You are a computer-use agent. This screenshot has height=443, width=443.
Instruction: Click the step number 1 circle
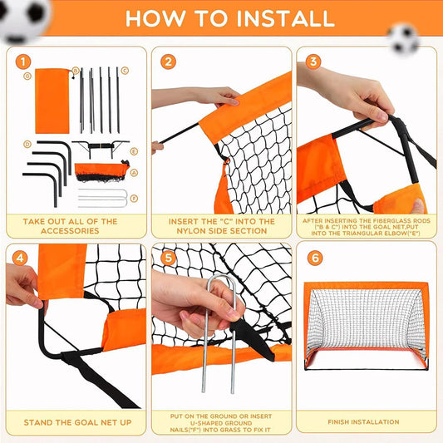click(x=23, y=62)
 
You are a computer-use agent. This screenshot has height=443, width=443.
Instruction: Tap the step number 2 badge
click(x=169, y=62)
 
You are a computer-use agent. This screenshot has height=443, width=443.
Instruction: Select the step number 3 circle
click(x=313, y=62)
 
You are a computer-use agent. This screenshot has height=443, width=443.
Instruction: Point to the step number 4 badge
click(x=23, y=258)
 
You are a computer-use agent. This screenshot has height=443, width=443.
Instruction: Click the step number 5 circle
click(x=169, y=258)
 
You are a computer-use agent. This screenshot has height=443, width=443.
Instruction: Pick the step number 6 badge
click(x=313, y=258)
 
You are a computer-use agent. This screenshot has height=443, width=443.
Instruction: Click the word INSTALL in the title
click(x=282, y=17)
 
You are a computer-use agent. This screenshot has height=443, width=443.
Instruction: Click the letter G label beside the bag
click(x=27, y=76)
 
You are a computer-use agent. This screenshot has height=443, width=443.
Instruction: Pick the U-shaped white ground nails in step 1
click(x=102, y=199)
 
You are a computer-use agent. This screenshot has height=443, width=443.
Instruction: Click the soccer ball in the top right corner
click(x=404, y=37)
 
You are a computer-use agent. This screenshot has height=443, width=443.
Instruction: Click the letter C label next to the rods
click(x=125, y=71)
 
